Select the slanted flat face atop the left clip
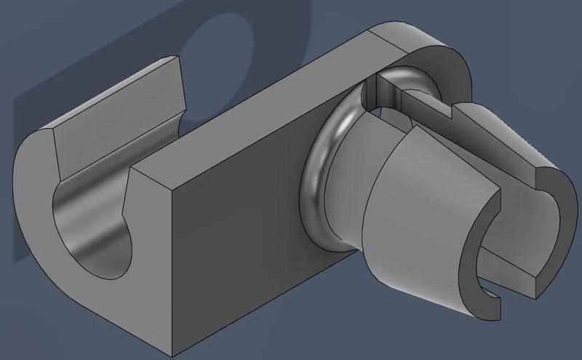click(116, 109)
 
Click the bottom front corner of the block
click(175, 354)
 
